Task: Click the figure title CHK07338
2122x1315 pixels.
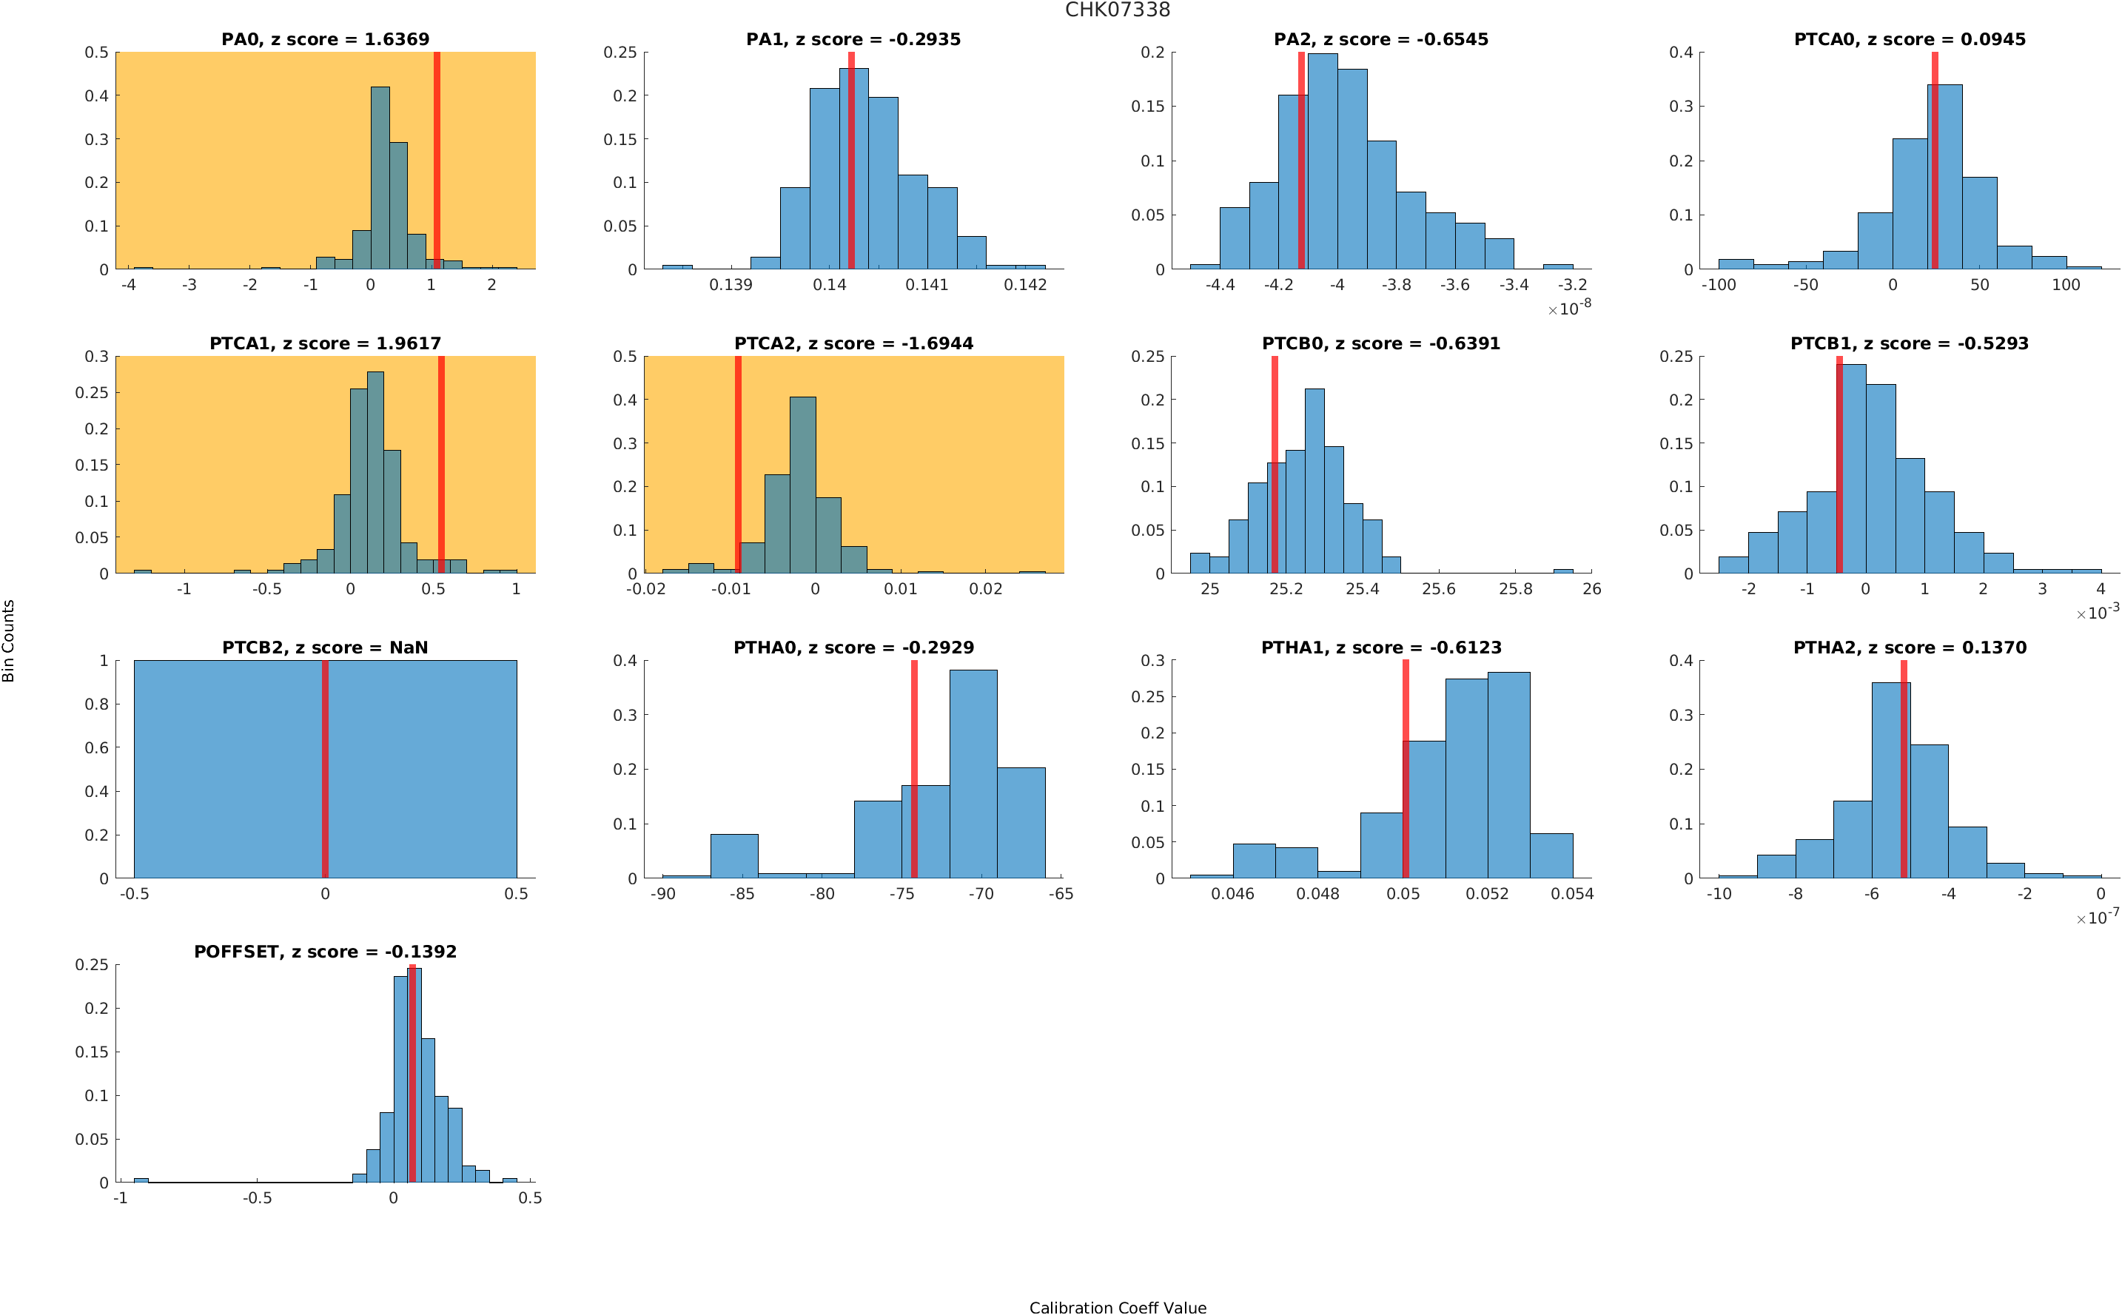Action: tap(1117, 10)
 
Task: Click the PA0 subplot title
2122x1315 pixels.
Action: tap(325, 39)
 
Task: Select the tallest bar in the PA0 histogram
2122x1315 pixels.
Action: tap(380, 178)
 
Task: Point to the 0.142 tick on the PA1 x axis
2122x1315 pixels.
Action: tap(1025, 285)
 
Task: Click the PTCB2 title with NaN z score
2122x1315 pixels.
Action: tap(325, 648)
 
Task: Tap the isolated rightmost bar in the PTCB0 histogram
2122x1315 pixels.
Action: tap(1562, 571)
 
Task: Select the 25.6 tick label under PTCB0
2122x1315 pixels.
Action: tap(1438, 590)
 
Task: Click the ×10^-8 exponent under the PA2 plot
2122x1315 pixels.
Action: tap(1570, 308)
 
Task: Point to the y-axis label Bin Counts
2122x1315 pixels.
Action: tap(9, 641)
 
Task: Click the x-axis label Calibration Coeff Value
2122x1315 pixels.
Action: tap(1118, 1307)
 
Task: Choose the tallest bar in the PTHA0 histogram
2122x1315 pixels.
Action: tap(973, 774)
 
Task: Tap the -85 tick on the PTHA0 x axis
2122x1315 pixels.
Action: tap(742, 894)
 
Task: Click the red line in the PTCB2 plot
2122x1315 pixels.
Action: tap(325, 769)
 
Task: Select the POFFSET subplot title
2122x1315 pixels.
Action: tap(325, 952)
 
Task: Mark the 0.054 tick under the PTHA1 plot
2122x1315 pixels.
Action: tap(1572, 894)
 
